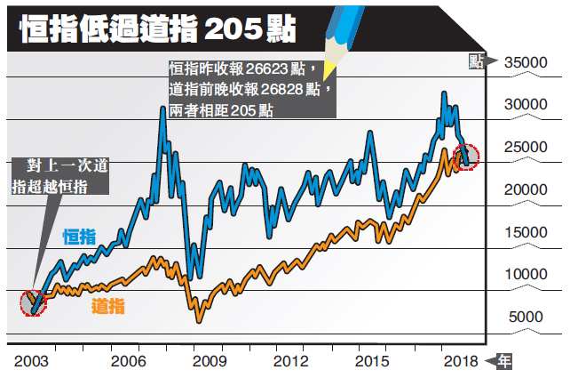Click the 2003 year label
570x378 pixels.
pos(32,362)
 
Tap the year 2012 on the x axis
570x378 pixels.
pos(290,362)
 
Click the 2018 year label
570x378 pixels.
pos(458,362)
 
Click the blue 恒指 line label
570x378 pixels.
pos(81,236)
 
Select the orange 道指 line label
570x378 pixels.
pos(108,307)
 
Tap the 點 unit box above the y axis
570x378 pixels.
pos(477,60)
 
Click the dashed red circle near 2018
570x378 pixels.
pos(465,157)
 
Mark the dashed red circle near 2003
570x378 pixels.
pos(33,302)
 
